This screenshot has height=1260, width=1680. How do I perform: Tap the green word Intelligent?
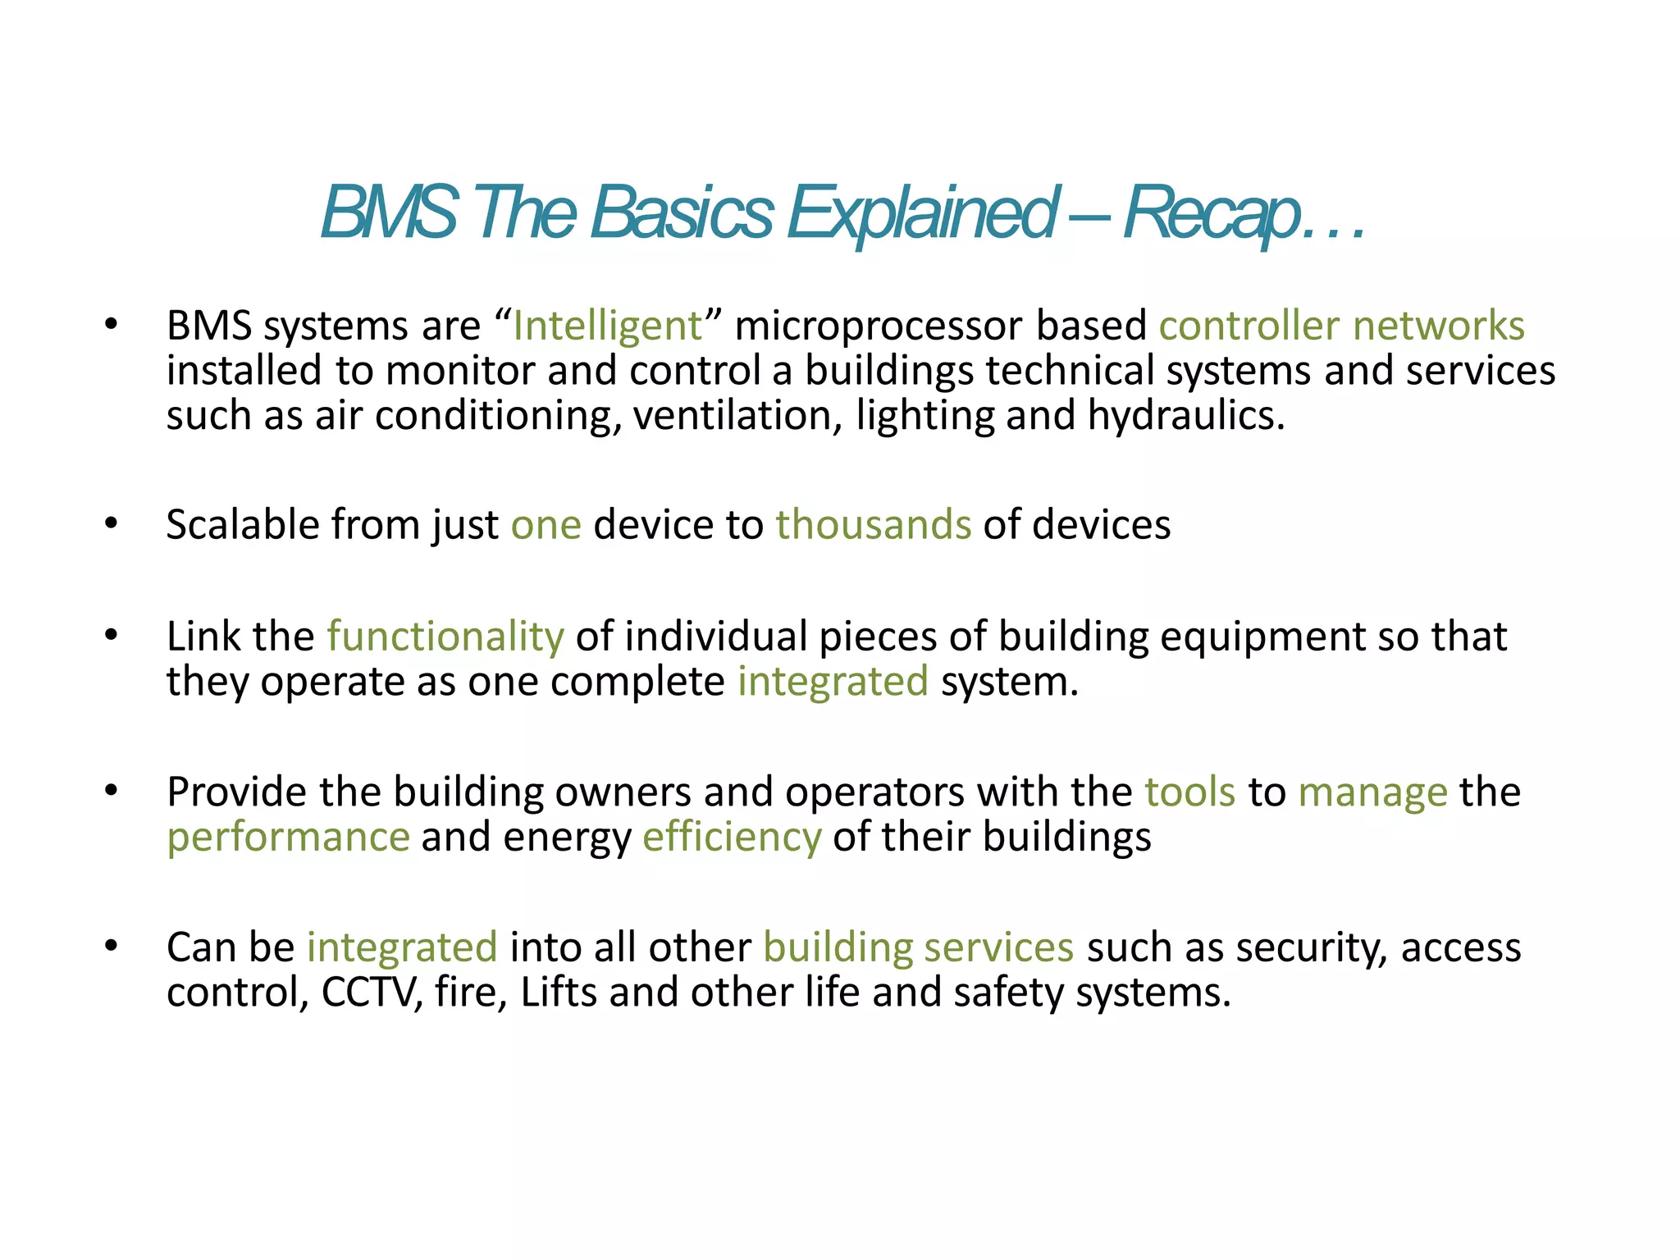(x=607, y=326)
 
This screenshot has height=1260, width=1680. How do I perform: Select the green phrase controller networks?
(x=1341, y=326)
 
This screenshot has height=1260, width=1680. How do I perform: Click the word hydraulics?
(x=1185, y=416)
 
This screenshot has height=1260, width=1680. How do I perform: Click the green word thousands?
(x=873, y=525)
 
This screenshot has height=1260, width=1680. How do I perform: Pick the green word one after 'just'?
(x=546, y=525)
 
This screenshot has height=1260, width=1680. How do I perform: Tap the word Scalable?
(x=242, y=525)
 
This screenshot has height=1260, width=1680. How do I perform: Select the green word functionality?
(x=445, y=637)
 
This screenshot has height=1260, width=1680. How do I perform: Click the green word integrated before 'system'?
(x=833, y=682)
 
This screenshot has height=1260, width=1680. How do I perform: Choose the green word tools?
(x=1189, y=792)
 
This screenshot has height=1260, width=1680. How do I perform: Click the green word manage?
(x=1372, y=792)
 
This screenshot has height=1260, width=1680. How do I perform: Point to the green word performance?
(x=288, y=838)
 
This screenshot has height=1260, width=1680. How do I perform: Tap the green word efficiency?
(x=731, y=838)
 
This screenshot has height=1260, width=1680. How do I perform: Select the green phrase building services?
(x=918, y=947)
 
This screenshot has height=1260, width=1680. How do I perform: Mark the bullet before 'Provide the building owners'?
(x=112, y=791)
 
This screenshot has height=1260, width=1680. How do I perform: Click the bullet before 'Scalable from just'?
(x=112, y=523)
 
